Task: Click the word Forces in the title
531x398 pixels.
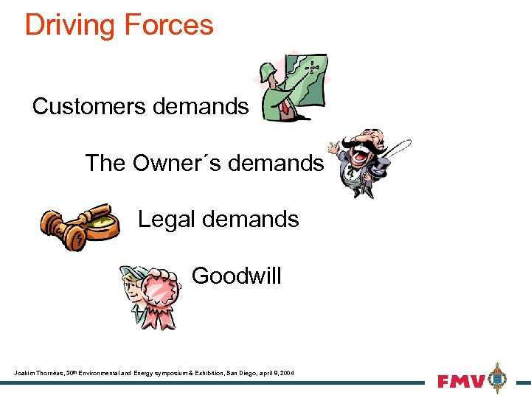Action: [168, 25]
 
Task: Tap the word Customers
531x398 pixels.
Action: [89, 107]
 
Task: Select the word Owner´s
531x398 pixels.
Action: [178, 163]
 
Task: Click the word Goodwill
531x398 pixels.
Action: [236, 276]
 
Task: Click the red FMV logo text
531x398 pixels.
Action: [461, 381]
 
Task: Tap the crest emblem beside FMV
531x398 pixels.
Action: [499, 379]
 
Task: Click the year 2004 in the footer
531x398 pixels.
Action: [286, 374]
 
